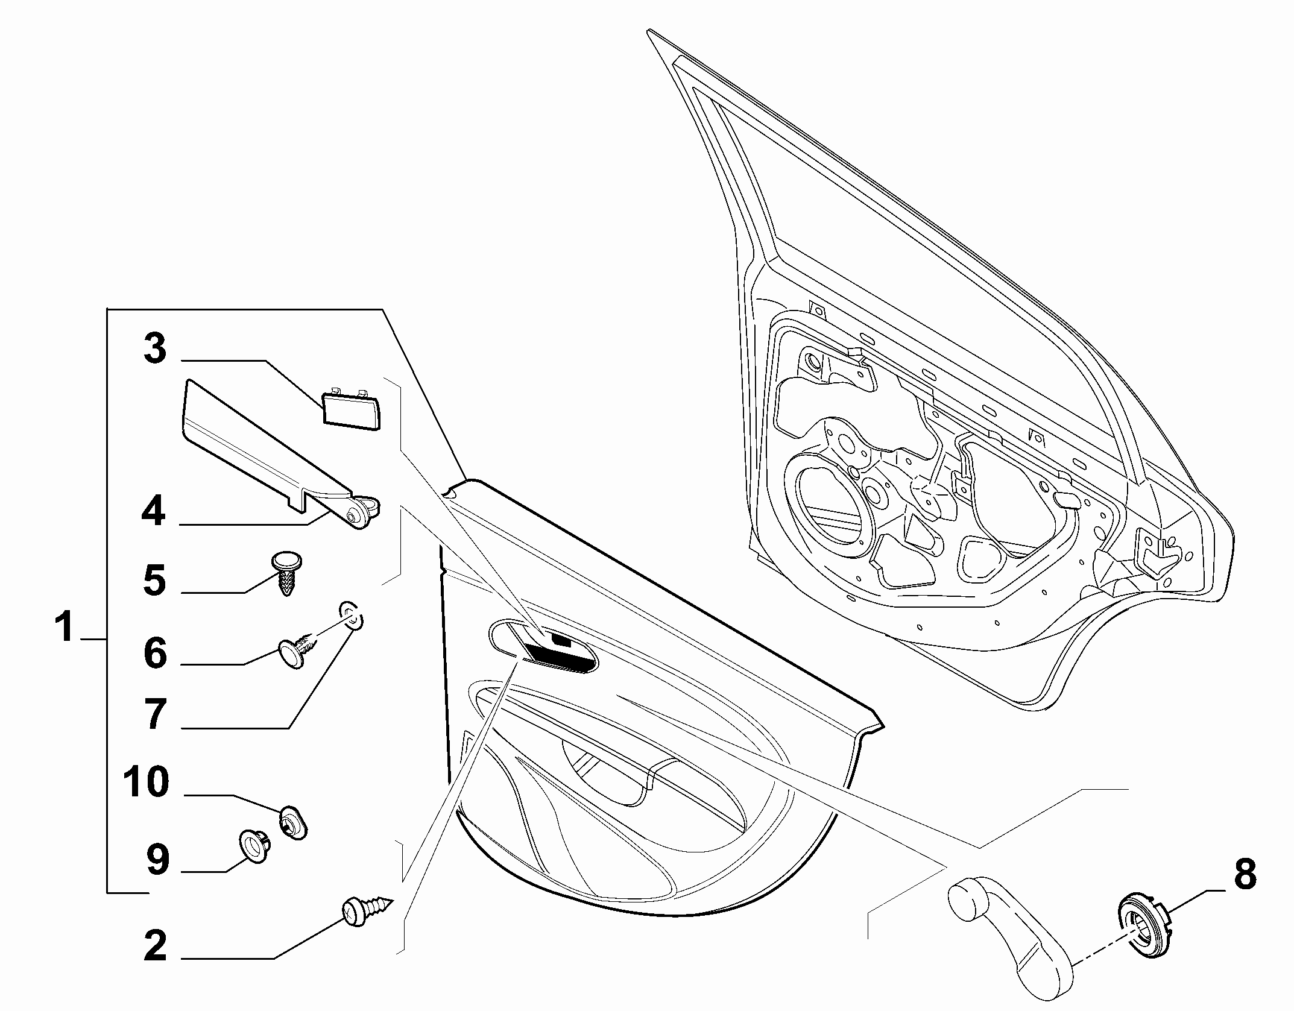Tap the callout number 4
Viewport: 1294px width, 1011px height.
click(x=154, y=512)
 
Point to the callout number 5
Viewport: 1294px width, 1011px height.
click(x=155, y=580)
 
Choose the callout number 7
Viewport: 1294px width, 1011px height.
click(x=155, y=714)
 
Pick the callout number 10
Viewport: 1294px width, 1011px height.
click(x=147, y=782)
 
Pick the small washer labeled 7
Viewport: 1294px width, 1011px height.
click(x=351, y=616)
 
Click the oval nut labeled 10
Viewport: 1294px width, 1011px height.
click(x=293, y=822)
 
